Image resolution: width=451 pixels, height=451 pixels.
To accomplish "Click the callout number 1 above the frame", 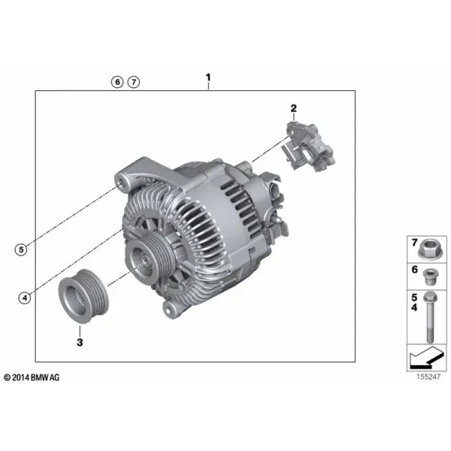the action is tap(208, 77).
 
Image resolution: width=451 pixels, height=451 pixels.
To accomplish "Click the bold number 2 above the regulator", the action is tap(293, 108).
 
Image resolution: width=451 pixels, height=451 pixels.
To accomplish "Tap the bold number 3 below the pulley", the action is tap(80, 342).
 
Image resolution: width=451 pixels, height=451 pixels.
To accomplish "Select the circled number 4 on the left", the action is tap(25, 298).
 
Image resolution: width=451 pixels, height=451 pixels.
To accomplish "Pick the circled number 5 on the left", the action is tap(21, 250).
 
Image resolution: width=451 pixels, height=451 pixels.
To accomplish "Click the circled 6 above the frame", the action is tap(117, 82).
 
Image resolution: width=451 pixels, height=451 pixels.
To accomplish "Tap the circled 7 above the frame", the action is tap(134, 82).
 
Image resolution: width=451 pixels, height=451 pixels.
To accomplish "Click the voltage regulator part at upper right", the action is tap(307, 147).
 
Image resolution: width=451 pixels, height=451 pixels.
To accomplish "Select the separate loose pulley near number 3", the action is tap(83, 296).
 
